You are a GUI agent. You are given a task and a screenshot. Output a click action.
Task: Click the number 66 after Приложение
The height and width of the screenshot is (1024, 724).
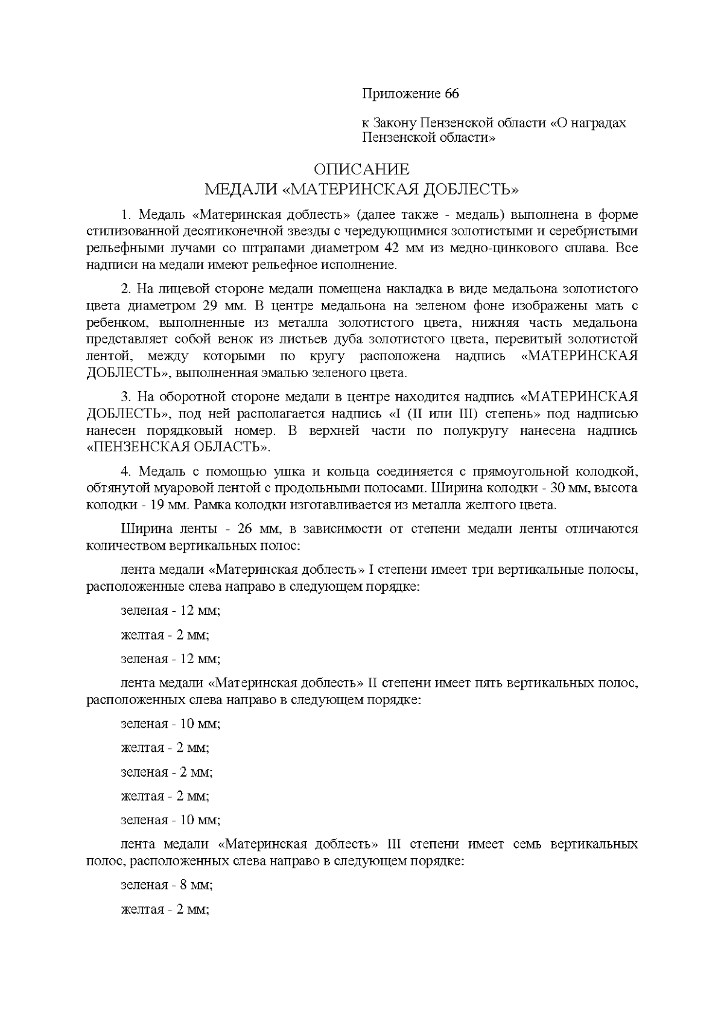(x=452, y=94)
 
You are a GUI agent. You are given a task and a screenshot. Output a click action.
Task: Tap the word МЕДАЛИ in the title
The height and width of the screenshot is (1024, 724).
(x=241, y=190)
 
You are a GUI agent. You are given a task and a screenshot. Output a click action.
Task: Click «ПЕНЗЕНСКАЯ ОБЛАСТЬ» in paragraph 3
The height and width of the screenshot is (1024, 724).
(x=179, y=447)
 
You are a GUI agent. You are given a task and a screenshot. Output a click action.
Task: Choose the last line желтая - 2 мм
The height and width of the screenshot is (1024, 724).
(x=165, y=909)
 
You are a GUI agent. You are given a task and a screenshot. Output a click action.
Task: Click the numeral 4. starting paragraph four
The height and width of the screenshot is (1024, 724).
(x=126, y=471)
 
